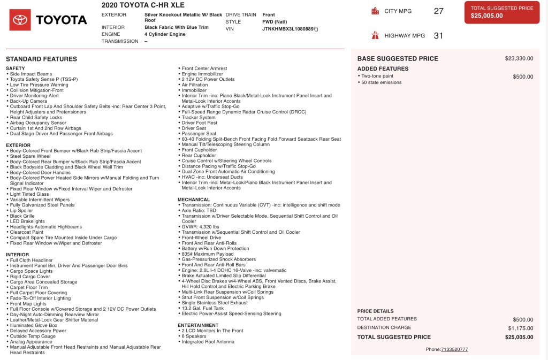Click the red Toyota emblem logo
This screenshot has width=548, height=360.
pyautogui.click(x=20, y=20)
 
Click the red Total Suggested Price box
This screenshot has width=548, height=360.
pyautogui.click(x=501, y=12)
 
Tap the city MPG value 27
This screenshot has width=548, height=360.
pyautogui.click(x=438, y=11)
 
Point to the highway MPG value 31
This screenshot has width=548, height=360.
pyautogui.click(x=438, y=36)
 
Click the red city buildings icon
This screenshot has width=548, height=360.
pyautogui.click(x=375, y=11)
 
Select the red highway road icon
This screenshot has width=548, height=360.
pyautogui.click(x=375, y=35)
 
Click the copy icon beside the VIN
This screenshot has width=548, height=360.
pyautogui.click(x=316, y=29)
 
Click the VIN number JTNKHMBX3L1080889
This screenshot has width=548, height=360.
pyautogui.click(x=288, y=29)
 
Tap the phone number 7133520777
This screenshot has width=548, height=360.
pyautogui.click(x=454, y=349)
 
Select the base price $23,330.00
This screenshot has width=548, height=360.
pyautogui.click(x=519, y=59)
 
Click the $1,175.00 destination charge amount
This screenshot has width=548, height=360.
pyautogui.click(x=520, y=328)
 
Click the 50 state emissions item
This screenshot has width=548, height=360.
pyautogui.click(x=381, y=82)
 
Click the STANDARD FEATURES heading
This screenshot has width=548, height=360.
pyautogui.click(x=41, y=59)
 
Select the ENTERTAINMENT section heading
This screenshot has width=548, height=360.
pyautogui.click(x=198, y=325)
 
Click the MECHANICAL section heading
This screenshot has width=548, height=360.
pyautogui.click(x=194, y=200)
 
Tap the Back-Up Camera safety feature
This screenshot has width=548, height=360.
pyautogui.click(x=28, y=101)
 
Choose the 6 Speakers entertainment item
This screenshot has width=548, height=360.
pyautogui.click(x=194, y=336)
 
